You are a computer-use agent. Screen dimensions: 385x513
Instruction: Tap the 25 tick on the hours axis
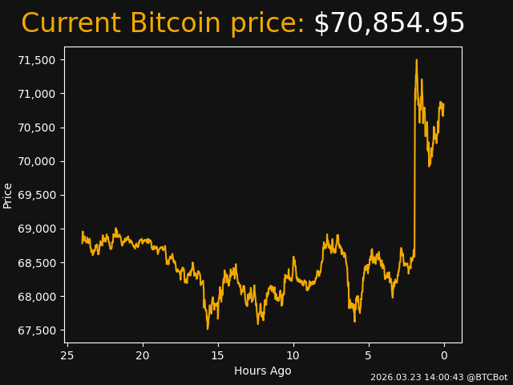tap(67, 355)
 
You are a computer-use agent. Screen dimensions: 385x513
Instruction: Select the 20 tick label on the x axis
tap(143, 355)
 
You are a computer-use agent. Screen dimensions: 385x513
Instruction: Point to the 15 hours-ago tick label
tap(218, 355)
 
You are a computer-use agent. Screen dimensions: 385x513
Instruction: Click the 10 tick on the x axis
tap(293, 355)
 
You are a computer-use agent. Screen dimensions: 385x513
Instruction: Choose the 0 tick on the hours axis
tap(444, 355)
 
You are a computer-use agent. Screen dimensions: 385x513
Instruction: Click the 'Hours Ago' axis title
tap(263, 371)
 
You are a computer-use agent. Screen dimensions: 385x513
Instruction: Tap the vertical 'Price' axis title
tap(8, 195)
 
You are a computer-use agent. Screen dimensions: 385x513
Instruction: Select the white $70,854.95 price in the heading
tap(389, 24)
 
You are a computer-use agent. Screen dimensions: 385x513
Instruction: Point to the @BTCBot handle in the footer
tap(487, 377)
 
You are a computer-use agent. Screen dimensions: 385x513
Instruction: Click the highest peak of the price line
tap(417, 60)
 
